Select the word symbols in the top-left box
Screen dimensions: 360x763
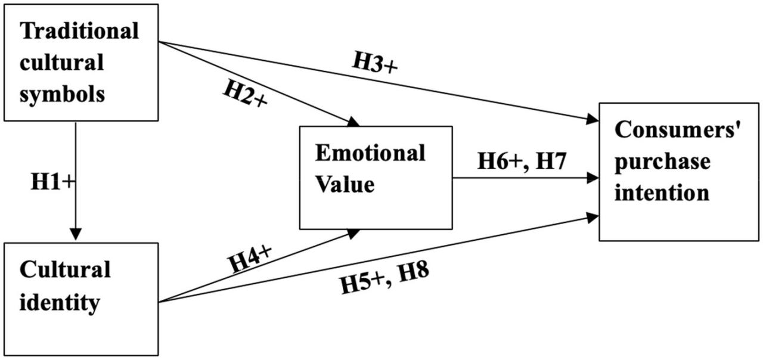(x=63, y=94)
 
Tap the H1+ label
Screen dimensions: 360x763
(x=53, y=182)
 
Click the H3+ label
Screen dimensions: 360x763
(x=374, y=64)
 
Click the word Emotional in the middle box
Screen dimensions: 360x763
(x=370, y=153)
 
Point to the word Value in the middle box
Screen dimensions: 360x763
(x=345, y=184)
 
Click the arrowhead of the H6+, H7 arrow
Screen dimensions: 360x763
(x=593, y=177)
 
